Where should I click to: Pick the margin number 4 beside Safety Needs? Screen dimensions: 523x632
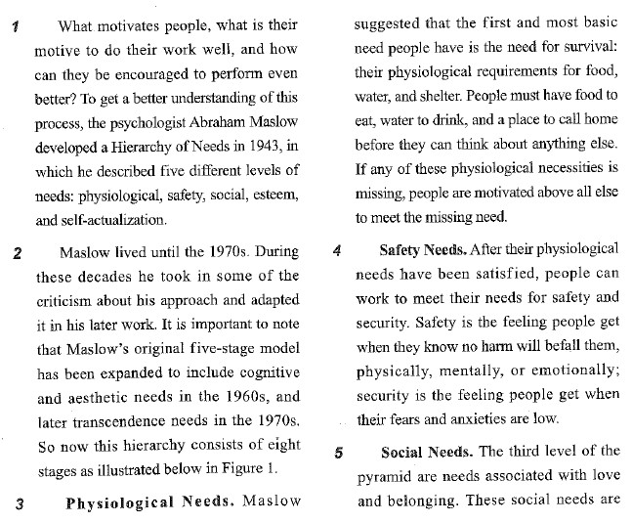click(336, 251)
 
